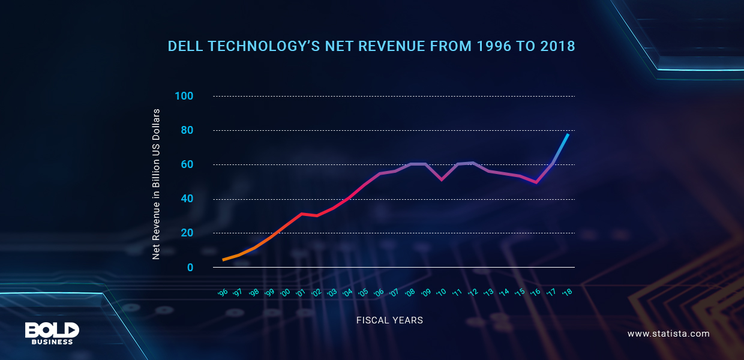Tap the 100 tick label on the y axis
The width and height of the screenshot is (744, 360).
(x=184, y=96)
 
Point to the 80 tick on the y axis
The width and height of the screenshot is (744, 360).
(x=187, y=130)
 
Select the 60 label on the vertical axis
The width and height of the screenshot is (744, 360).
(x=187, y=164)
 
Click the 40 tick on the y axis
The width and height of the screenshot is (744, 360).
(x=187, y=199)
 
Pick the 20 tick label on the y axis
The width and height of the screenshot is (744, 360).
(x=187, y=233)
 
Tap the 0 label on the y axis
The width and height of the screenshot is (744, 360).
(x=190, y=267)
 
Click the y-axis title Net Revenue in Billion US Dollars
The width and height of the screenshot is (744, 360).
(x=156, y=184)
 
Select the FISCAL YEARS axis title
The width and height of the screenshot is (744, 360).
(x=389, y=320)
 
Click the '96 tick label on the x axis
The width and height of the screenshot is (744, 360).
(x=223, y=292)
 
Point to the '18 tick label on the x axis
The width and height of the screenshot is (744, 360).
(x=567, y=292)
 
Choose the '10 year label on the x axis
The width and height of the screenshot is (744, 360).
(x=442, y=292)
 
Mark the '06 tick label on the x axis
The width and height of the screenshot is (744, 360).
(x=379, y=292)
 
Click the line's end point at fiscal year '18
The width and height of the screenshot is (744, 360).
(x=568, y=134)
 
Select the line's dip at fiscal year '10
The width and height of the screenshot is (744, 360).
(x=442, y=179)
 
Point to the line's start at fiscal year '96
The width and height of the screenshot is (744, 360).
(x=223, y=260)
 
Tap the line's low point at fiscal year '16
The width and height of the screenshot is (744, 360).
(x=536, y=182)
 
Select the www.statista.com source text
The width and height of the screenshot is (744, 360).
(x=668, y=334)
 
